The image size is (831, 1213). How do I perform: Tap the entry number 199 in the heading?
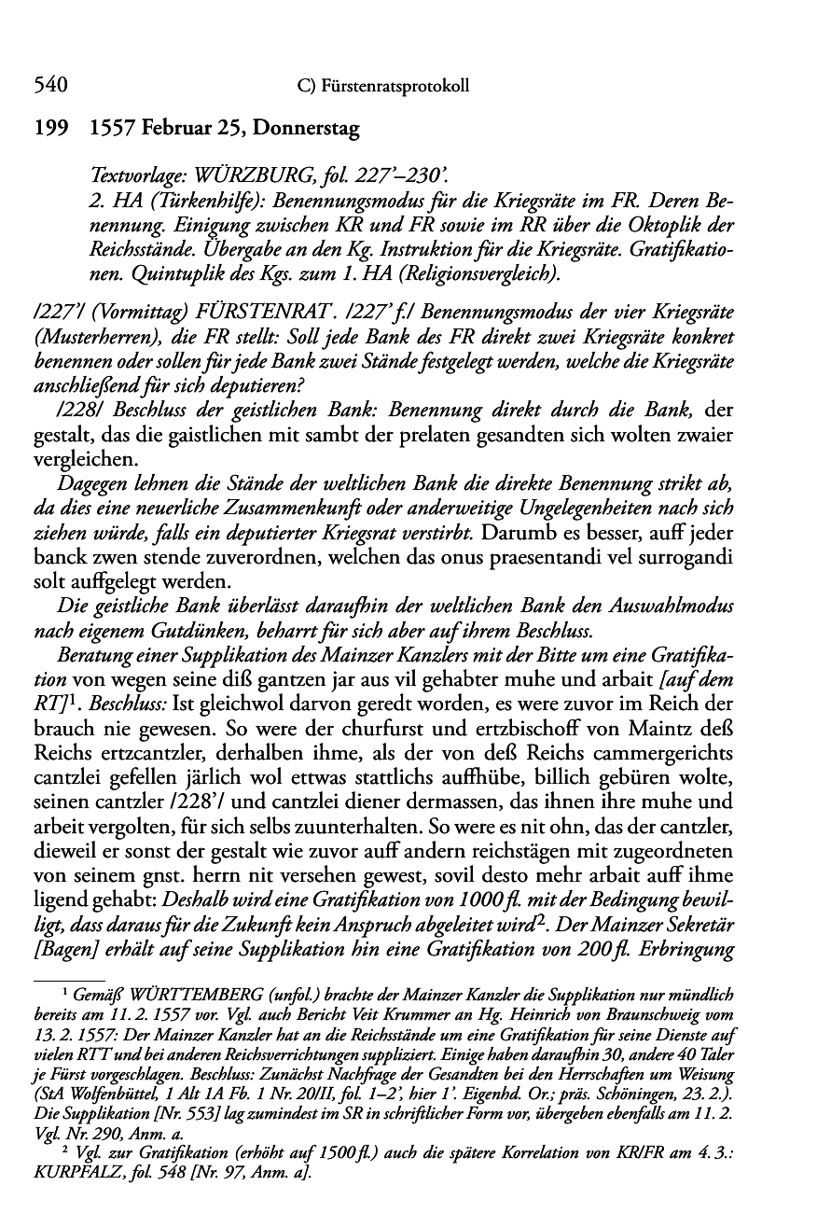click(50, 130)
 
